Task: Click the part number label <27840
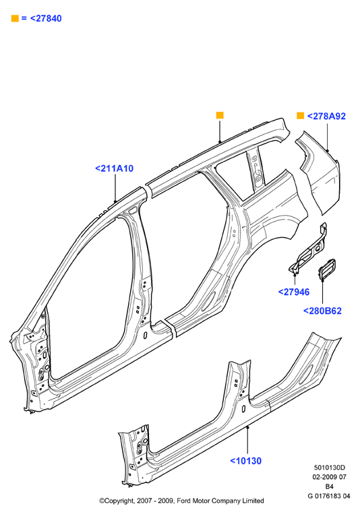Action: (x=46, y=18)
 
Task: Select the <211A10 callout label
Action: (x=114, y=168)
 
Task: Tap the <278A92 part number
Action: (x=326, y=116)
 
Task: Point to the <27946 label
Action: (x=294, y=292)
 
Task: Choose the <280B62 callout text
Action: (x=322, y=311)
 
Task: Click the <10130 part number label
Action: (x=246, y=461)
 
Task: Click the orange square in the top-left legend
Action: (x=15, y=18)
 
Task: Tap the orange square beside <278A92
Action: (x=300, y=116)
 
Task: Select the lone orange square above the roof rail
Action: (x=220, y=115)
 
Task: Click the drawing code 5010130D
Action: (x=329, y=468)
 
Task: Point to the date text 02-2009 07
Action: (x=329, y=477)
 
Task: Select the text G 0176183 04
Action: (x=329, y=496)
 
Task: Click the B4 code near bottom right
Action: (x=329, y=486)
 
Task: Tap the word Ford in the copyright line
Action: (x=184, y=501)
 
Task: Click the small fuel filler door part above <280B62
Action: (x=326, y=269)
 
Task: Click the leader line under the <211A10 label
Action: (x=115, y=188)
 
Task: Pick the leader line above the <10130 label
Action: (x=248, y=441)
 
